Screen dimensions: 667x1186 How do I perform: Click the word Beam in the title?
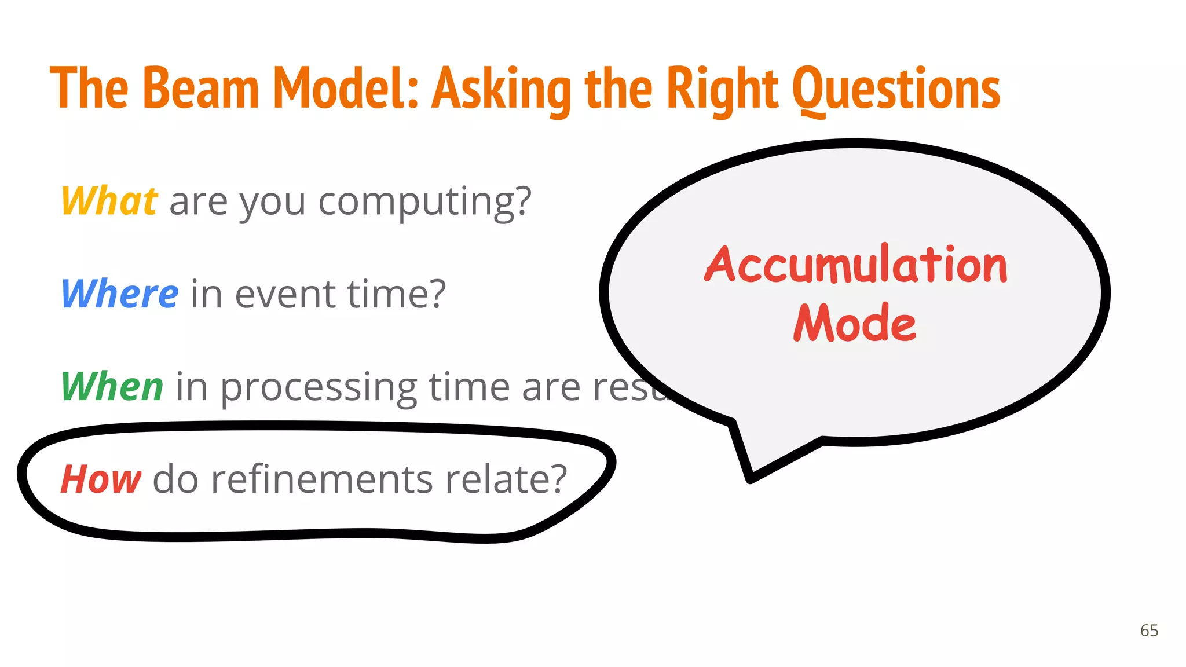click(x=200, y=88)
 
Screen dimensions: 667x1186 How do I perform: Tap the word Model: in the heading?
click(x=345, y=88)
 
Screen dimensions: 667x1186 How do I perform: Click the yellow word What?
click(x=109, y=201)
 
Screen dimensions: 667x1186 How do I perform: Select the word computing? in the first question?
click(x=424, y=203)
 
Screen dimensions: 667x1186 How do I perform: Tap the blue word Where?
click(x=120, y=294)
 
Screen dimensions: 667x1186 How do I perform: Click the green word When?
click(x=112, y=386)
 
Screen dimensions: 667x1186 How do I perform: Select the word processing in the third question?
click(x=319, y=388)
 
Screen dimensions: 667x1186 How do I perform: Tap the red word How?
click(x=101, y=479)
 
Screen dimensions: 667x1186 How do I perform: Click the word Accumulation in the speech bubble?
click(x=855, y=265)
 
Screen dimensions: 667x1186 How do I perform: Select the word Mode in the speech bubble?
click(x=854, y=323)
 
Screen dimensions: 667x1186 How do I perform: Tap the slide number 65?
click(x=1149, y=631)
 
